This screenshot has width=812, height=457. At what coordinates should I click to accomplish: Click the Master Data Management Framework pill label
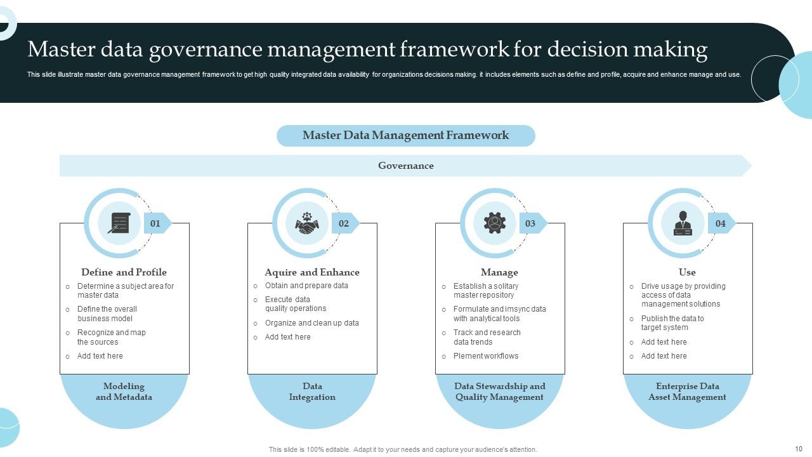click(405, 135)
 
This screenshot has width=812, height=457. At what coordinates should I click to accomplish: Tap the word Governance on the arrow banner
click(406, 166)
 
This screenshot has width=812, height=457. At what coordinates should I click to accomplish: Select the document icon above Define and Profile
click(119, 223)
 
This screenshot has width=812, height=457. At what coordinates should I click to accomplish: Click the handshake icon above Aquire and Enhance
click(307, 223)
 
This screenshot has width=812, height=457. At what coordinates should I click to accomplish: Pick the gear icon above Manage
click(495, 223)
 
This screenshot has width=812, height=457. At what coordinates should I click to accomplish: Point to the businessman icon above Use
click(683, 223)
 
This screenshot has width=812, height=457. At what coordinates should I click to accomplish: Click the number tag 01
click(155, 223)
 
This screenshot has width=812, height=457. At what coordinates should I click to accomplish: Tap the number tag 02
click(344, 223)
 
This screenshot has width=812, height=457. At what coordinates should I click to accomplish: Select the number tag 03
click(530, 223)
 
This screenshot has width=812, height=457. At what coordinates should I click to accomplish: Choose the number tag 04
click(721, 223)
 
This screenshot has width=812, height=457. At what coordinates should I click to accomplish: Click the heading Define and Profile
click(124, 272)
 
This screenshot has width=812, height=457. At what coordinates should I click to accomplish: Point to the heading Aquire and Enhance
click(312, 272)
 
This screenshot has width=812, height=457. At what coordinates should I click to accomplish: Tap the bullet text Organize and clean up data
click(312, 323)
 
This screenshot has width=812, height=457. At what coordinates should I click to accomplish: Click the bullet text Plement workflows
click(486, 356)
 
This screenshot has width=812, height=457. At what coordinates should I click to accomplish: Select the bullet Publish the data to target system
click(672, 323)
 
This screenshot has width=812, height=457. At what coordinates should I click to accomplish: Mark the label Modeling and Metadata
click(124, 392)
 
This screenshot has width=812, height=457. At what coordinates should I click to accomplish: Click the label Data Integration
click(312, 392)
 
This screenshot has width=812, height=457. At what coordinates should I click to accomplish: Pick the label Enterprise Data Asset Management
click(687, 392)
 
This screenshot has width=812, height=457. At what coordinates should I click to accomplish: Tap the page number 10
click(798, 449)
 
